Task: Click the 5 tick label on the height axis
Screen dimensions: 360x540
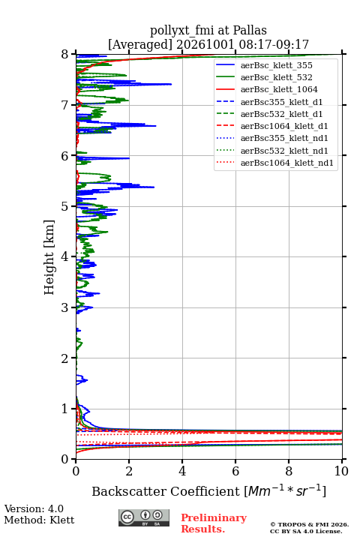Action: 65,207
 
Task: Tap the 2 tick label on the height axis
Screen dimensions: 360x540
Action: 65,358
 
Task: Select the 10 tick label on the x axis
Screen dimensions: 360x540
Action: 341,471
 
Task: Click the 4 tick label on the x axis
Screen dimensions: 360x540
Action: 182,471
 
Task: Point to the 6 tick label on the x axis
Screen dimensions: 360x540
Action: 235,471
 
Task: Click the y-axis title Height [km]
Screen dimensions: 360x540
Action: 49,257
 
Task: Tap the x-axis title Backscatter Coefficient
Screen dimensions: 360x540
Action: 165,491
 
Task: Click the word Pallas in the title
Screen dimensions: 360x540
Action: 250,30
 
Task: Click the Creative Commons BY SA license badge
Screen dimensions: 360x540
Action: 144,518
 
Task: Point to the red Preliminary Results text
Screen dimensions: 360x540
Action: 214,523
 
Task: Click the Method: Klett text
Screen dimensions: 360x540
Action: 39,520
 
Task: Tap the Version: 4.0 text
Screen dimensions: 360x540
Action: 34,509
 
